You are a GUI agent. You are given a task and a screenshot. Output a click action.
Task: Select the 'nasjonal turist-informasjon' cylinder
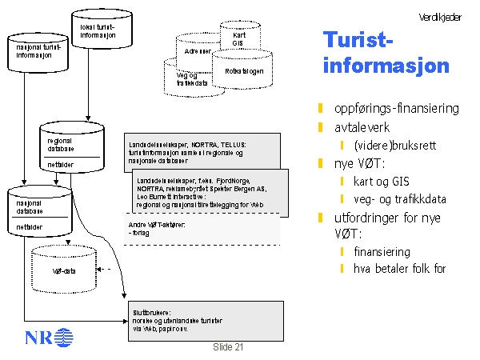pyautogui.click(x=37, y=53)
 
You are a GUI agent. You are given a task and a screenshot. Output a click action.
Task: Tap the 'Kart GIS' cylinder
pyautogui.click(x=238, y=38)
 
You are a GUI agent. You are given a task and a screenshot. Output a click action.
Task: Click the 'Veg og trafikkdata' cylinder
pyautogui.click(x=193, y=79)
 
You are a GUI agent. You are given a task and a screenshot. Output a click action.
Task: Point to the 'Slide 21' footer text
pyautogui.click(x=228, y=347)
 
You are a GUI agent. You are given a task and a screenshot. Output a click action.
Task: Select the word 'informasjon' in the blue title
pyautogui.click(x=386, y=65)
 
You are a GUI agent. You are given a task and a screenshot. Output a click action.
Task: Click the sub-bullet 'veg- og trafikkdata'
pyautogui.click(x=399, y=199)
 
